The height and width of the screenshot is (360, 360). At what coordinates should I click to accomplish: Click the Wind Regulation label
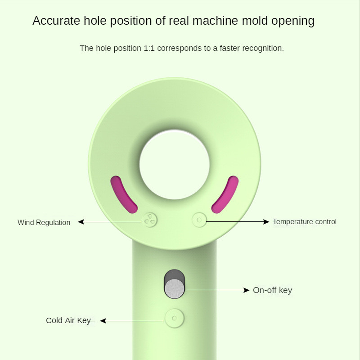pos(44,222)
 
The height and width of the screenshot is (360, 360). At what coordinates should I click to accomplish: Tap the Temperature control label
pos(305,221)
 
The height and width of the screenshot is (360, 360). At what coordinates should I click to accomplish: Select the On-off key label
pos(272,290)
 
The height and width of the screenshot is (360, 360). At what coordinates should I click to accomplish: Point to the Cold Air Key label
pos(68,320)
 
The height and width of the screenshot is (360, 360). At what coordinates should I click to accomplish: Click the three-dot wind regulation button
pos(150,220)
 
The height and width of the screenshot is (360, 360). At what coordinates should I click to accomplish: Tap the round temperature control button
pos(199,220)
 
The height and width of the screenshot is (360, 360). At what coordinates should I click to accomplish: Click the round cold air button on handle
pos(175,318)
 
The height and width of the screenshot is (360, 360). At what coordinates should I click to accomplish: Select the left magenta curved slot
pos(123,194)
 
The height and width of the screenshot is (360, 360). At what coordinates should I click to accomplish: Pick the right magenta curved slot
pos(225,194)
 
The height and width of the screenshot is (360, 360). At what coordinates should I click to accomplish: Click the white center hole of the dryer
pos(175,164)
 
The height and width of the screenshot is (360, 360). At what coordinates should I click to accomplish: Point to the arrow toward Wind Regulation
pos(110,221)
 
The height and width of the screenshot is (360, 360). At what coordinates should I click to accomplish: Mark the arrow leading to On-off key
pos(218,290)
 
